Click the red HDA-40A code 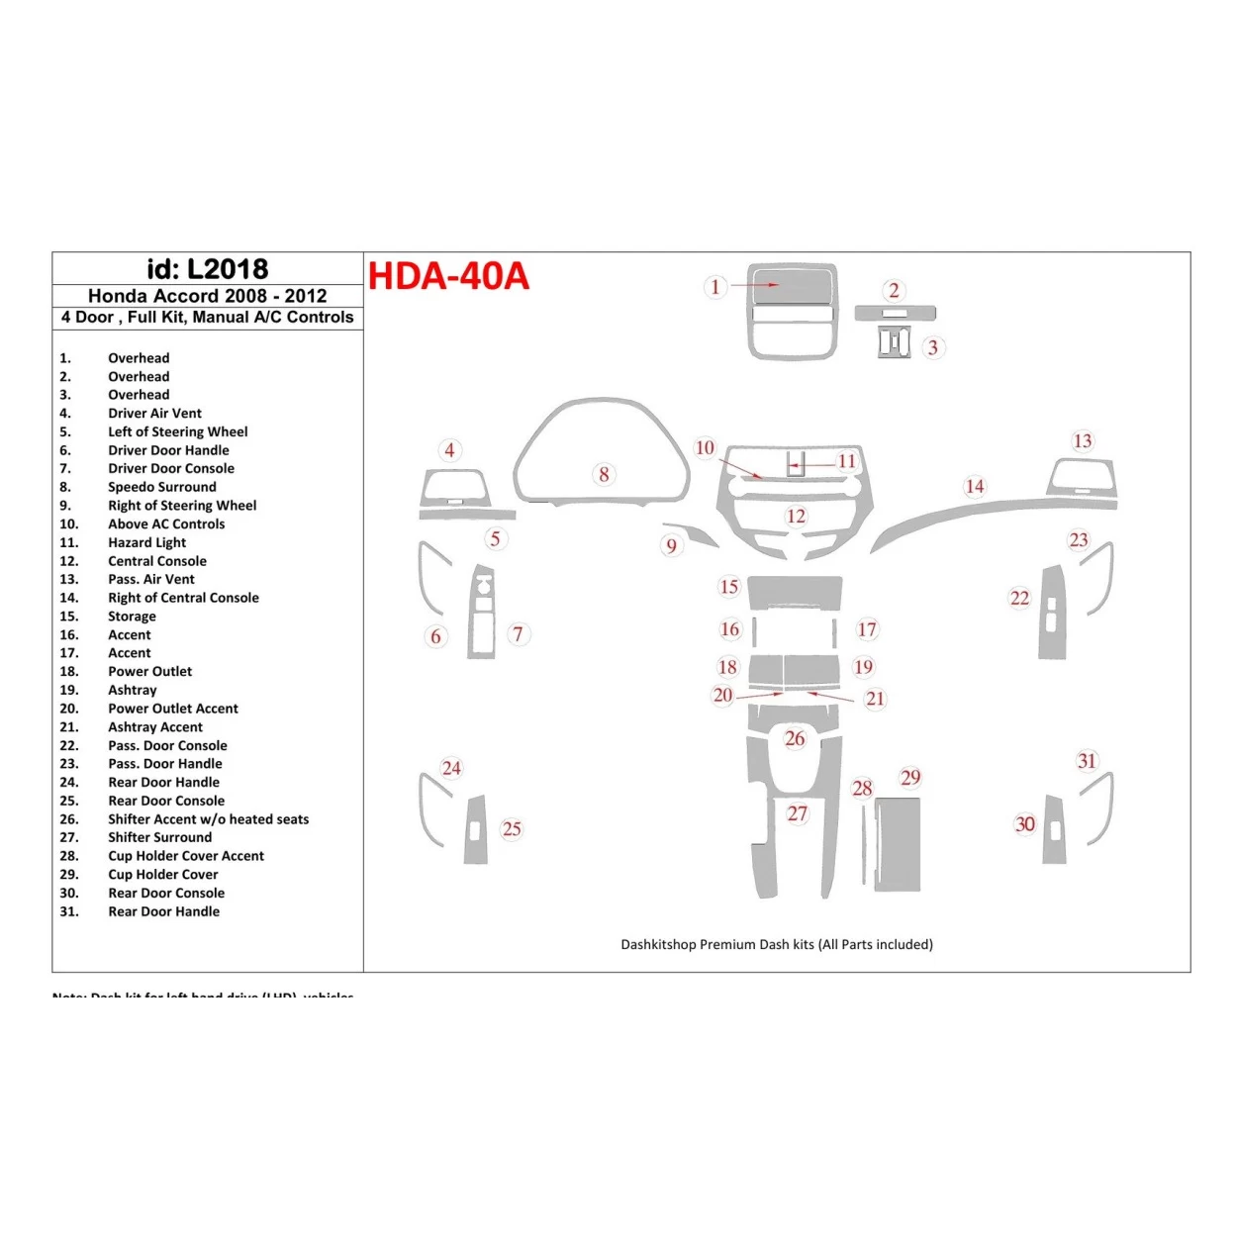pyautogui.click(x=448, y=276)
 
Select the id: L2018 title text pyautogui.click(x=207, y=269)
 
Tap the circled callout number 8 pyautogui.click(x=604, y=474)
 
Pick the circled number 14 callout pyautogui.click(x=975, y=486)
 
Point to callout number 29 pyautogui.click(x=910, y=778)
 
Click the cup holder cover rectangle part pyautogui.click(x=898, y=843)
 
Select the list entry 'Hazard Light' pyautogui.click(x=146, y=542)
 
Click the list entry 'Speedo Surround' pyautogui.click(x=161, y=487)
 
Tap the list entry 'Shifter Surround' pyautogui.click(x=159, y=837)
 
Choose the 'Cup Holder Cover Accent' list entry pyautogui.click(x=186, y=856)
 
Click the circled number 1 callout pyautogui.click(x=715, y=287)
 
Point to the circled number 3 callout pyautogui.click(x=932, y=347)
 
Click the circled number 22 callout pyautogui.click(x=1019, y=598)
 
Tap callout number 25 pyautogui.click(x=512, y=829)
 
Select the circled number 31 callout pyautogui.click(x=1087, y=761)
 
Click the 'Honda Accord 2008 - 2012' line pyautogui.click(x=207, y=296)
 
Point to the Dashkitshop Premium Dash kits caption pyautogui.click(x=776, y=944)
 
